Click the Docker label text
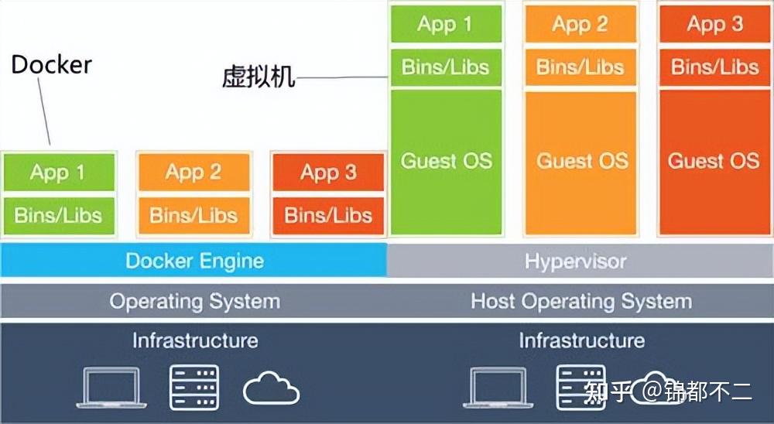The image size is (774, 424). [x=51, y=64]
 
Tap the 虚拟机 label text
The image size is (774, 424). [x=259, y=77]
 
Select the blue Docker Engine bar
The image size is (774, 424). [x=193, y=261]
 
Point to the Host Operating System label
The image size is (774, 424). [x=581, y=301]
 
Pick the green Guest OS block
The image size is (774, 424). [x=446, y=162]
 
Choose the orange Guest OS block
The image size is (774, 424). [x=581, y=162]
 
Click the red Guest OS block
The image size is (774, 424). [x=714, y=162]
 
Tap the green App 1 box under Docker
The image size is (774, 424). [x=58, y=172]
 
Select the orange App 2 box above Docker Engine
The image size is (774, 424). [x=193, y=172]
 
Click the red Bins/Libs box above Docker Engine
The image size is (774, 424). [x=328, y=215]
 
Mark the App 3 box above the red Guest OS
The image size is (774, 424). [x=714, y=24]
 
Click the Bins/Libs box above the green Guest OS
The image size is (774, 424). [x=446, y=67]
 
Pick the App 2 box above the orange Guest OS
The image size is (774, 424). [x=580, y=24]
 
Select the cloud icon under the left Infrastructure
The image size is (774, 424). [x=271, y=389]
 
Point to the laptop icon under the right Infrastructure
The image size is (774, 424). [x=497, y=387]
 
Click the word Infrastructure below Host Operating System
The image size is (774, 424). [x=581, y=340]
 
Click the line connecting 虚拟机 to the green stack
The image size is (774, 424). [x=341, y=77]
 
